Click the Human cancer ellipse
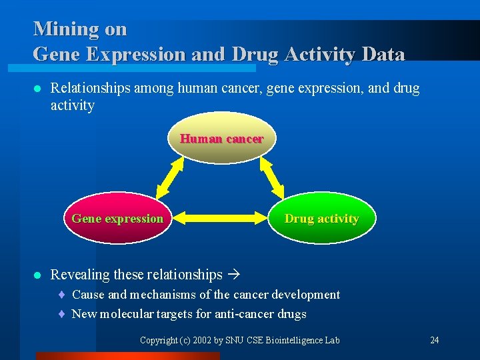[221, 139]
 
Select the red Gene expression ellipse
[117, 219]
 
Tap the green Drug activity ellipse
[321, 219]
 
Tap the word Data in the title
[379, 54]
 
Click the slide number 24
[434, 340]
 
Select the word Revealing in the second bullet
[80, 275]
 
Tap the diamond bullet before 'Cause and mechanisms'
[61, 295]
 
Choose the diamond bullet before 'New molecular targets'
[61, 314]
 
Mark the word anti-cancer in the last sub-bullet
[244, 314]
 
